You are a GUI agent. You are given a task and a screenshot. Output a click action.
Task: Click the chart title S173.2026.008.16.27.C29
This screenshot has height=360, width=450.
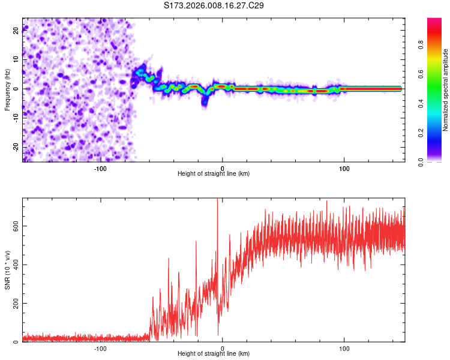[x=214, y=5]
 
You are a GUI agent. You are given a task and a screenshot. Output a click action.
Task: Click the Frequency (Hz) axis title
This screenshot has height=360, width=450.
[x=7, y=89]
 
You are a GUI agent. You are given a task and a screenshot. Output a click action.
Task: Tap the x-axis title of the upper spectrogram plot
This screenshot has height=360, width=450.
[x=214, y=174]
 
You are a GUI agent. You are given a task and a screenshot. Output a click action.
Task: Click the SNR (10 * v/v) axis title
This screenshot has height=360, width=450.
[x=7, y=270]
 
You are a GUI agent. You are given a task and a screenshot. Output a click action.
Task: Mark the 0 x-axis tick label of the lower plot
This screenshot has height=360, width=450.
[x=223, y=348]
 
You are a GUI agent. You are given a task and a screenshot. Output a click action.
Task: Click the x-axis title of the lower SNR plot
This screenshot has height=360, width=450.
[x=214, y=355]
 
